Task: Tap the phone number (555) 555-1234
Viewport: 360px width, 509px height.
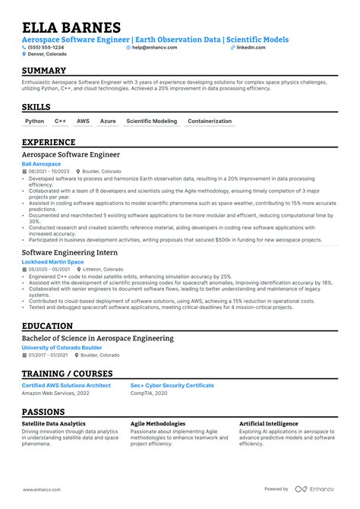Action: (x=47, y=47)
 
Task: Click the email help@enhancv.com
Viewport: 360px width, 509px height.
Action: (x=157, y=47)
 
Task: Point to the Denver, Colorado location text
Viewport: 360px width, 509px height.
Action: (x=47, y=54)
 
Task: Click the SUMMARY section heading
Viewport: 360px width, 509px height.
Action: (x=49, y=71)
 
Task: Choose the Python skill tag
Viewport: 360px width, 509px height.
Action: (x=35, y=121)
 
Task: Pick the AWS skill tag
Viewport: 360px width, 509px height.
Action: (x=83, y=121)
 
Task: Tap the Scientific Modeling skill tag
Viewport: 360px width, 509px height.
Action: (x=151, y=121)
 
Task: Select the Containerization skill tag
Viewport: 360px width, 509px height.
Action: (x=209, y=121)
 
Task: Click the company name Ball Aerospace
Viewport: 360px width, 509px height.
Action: (x=41, y=164)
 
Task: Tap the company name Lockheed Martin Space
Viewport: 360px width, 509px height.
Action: (x=52, y=261)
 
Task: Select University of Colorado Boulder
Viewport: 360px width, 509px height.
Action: (x=58, y=348)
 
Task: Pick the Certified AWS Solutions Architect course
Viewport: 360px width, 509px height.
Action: (x=66, y=385)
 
